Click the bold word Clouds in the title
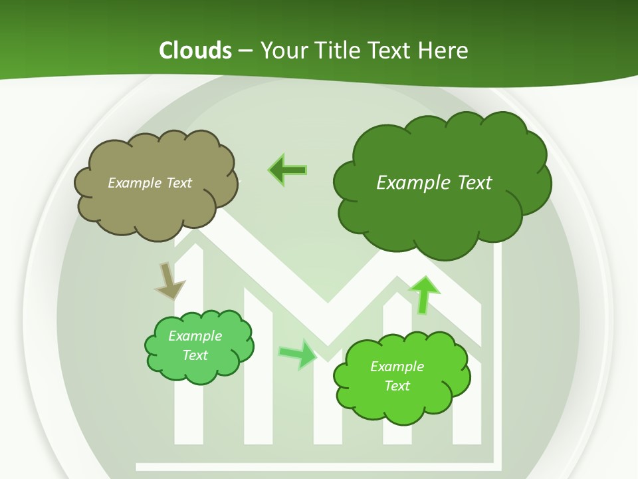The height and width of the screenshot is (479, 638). click(195, 51)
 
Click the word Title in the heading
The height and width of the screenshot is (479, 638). click(340, 51)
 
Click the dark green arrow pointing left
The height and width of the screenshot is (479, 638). click(288, 170)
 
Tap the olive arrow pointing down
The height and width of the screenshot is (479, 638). click(169, 280)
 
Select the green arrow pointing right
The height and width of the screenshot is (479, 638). click(297, 354)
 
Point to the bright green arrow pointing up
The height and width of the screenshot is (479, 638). click(423, 295)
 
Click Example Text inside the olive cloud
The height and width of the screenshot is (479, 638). click(150, 183)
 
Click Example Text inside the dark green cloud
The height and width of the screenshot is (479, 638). click(434, 183)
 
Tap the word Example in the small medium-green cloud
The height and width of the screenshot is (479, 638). click(195, 336)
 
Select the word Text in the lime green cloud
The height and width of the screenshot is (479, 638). click(397, 386)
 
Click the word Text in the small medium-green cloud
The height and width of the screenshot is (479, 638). click(195, 355)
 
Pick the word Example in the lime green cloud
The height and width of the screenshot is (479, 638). click(397, 367)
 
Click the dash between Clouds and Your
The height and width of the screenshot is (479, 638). click(245, 51)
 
